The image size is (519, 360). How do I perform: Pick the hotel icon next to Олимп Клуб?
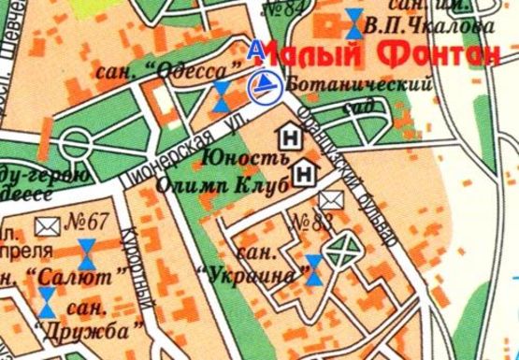point(304,174)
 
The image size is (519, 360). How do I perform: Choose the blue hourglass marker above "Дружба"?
point(46,301)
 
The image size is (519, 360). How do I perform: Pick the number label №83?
point(312,222)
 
